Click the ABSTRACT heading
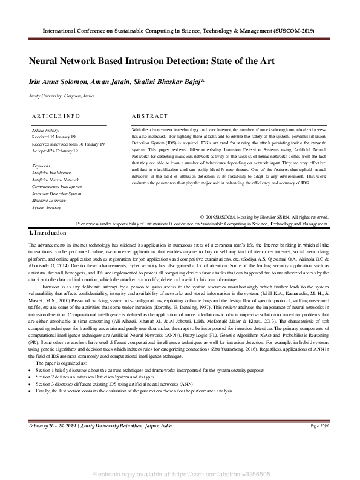(x=149, y=115)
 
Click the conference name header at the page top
(x=180, y=30)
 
